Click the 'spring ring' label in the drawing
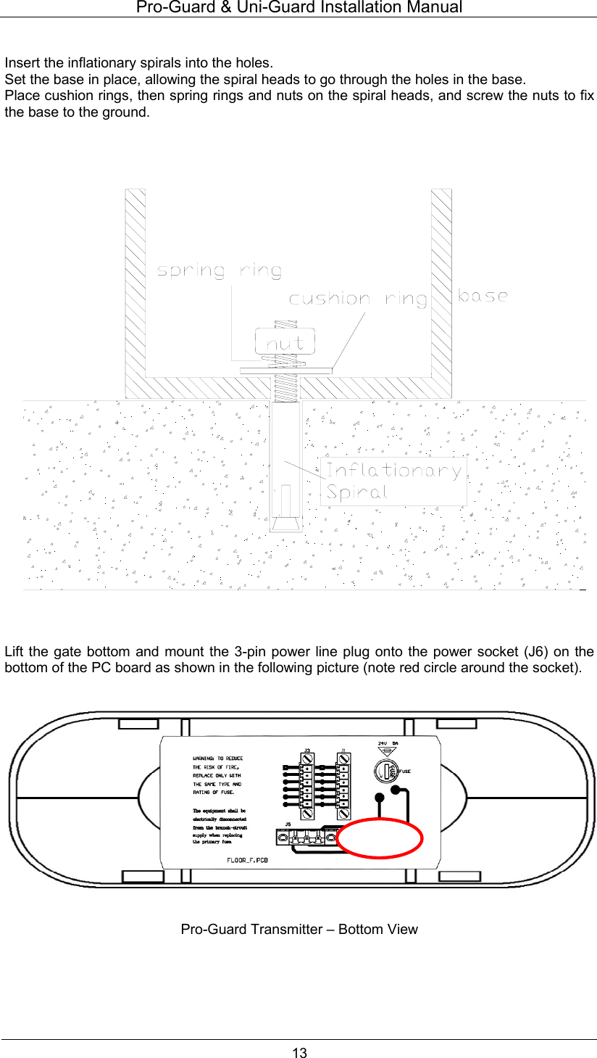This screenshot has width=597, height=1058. coord(220,271)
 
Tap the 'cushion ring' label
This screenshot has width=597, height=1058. coord(358,299)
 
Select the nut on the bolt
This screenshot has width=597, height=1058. coord(285,343)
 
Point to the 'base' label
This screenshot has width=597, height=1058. coord(483,295)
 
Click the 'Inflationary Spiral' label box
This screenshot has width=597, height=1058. coord(393,481)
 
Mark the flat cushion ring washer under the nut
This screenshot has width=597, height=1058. coord(285,371)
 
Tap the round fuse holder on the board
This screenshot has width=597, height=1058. coord(386,770)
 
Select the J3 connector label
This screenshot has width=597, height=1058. coord(307,750)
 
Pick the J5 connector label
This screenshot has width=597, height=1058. coord(288,825)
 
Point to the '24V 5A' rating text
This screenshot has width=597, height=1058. coord(388,743)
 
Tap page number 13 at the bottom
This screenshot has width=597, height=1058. coord(299,1052)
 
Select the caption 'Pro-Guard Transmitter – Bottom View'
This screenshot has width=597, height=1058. coord(299,929)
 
